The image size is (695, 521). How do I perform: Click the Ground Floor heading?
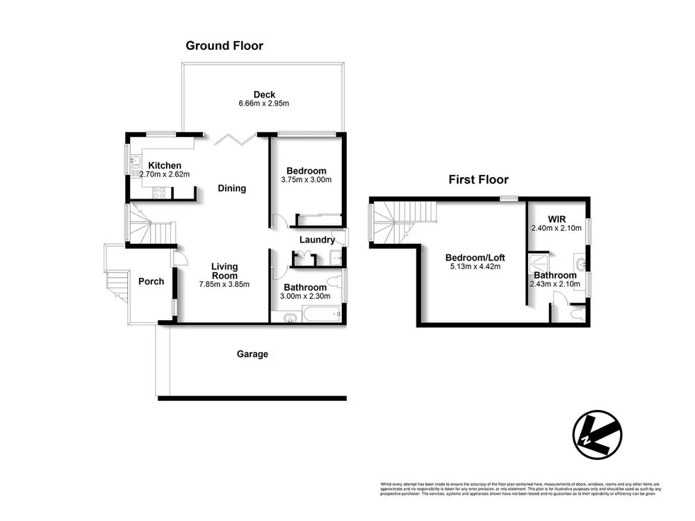[x=224, y=46]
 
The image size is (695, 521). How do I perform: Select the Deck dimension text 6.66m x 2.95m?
[x=263, y=104]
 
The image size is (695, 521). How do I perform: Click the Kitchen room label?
[x=165, y=165]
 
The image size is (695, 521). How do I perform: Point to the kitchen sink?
[x=135, y=165]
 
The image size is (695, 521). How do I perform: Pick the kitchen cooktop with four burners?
[x=158, y=194]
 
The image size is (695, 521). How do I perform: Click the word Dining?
[x=231, y=188]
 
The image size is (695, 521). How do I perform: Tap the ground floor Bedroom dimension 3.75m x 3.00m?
[x=306, y=180]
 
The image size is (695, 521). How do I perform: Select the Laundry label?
[x=317, y=240]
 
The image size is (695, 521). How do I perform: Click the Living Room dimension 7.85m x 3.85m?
[x=224, y=284]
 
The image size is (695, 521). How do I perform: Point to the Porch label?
[x=151, y=281]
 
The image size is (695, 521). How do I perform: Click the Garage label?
[x=252, y=354]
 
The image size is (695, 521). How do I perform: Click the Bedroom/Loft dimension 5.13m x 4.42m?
[x=473, y=266]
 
